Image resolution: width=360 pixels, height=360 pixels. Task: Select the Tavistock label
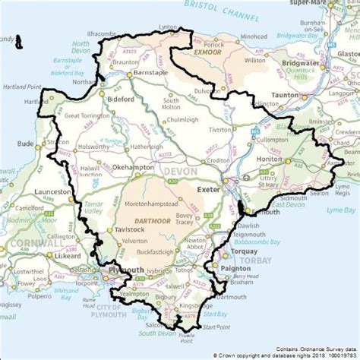(130, 229)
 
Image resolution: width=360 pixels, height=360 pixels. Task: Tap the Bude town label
(25, 142)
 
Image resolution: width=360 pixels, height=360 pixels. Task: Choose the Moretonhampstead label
(154, 204)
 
